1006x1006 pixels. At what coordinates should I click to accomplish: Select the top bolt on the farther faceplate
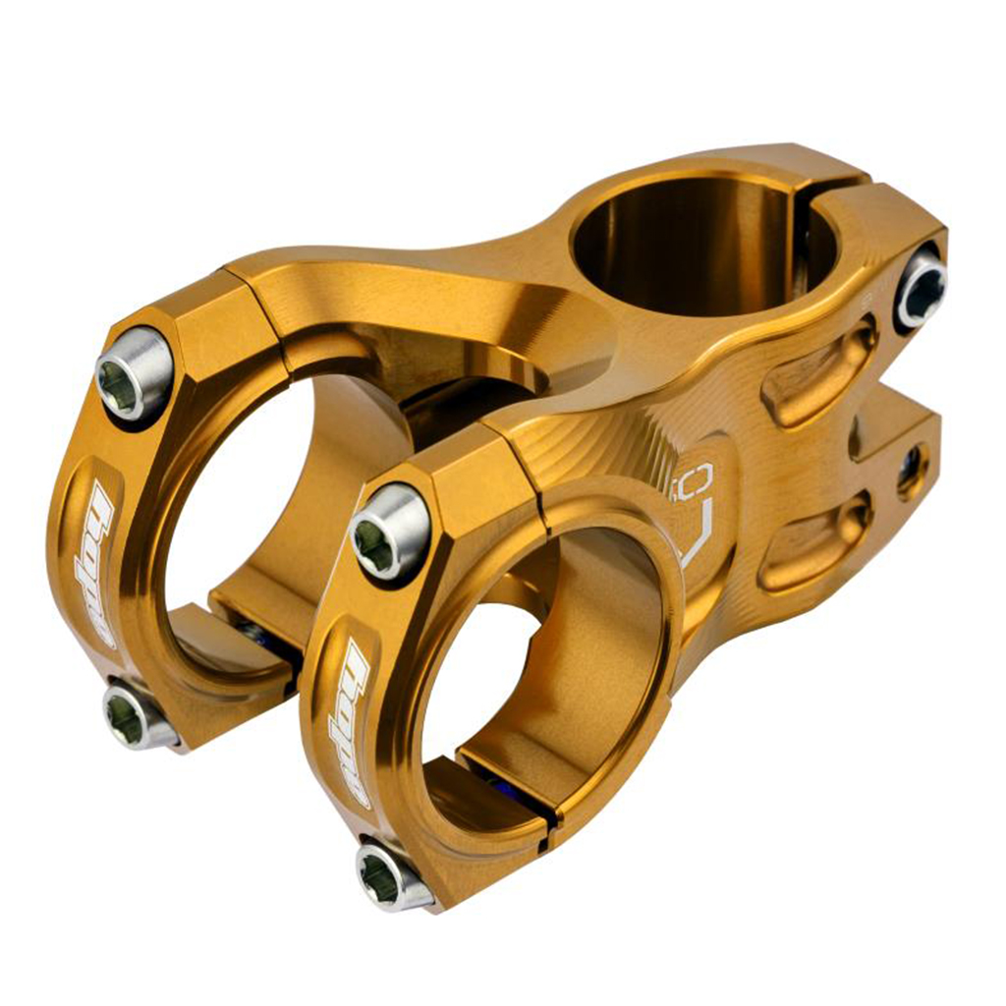(x=134, y=373)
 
